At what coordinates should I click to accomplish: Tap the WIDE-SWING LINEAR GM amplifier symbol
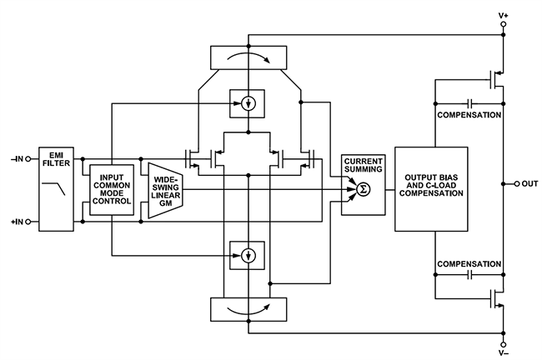164,190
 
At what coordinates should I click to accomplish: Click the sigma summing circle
362,191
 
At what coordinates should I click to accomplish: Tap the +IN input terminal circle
30,222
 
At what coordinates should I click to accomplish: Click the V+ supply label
503,14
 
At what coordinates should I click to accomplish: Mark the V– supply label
503,352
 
